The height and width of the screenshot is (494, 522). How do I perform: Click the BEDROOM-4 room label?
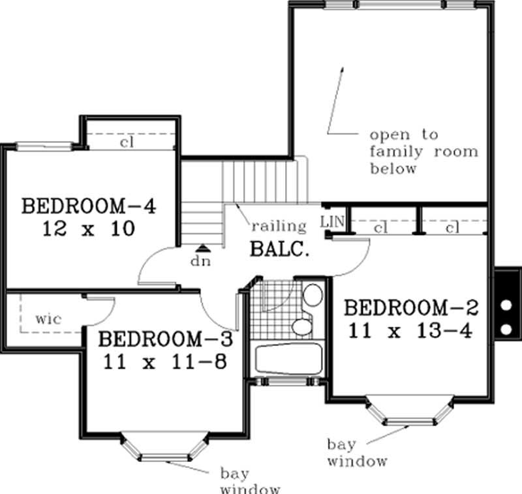click(89, 206)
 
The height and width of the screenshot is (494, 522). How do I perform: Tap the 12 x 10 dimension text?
click(89, 229)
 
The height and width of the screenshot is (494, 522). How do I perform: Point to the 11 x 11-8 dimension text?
click(164, 361)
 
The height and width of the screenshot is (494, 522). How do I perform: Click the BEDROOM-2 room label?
click(412, 307)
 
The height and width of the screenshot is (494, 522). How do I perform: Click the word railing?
click(279, 226)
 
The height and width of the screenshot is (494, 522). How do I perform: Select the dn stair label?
click(204, 260)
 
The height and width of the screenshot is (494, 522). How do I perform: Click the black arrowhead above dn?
click(204, 247)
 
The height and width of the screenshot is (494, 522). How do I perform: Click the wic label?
click(48, 319)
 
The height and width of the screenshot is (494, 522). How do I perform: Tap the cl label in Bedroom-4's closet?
click(127, 142)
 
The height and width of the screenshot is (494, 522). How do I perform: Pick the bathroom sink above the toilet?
click(313, 296)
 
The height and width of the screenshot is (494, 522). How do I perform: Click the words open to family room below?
click(423, 151)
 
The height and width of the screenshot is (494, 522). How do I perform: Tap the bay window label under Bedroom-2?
click(357, 453)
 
